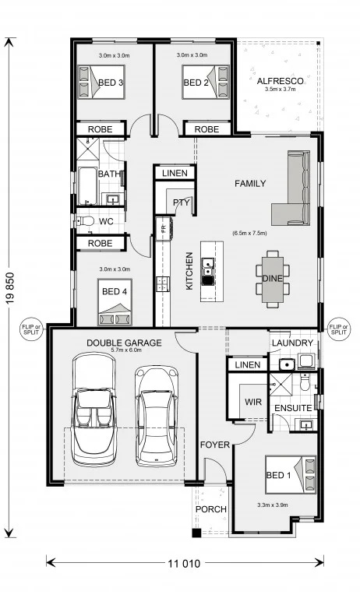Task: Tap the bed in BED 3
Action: (x=101, y=82)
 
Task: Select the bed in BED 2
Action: (x=206, y=82)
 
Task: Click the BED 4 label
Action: (x=115, y=291)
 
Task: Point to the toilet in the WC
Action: (x=86, y=221)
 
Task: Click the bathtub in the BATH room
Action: (x=87, y=186)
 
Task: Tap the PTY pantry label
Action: (x=182, y=202)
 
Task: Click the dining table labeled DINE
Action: (x=273, y=279)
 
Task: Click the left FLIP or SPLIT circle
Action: (x=31, y=329)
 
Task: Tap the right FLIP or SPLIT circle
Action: (x=339, y=329)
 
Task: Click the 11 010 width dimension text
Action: (x=184, y=563)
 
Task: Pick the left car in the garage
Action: (x=94, y=410)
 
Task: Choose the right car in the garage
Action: (x=157, y=416)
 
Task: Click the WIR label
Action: (x=253, y=403)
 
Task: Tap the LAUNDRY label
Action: (x=292, y=343)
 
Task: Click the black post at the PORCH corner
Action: (x=196, y=533)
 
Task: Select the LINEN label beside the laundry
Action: (x=248, y=365)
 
